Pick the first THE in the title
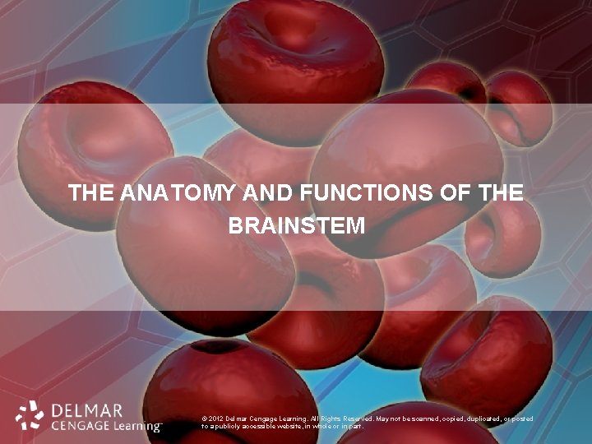tap(92, 194)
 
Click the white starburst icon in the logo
tap(30, 416)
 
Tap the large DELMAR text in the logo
tap(86, 409)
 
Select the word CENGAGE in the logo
tap(78, 426)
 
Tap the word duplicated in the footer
tap(474, 419)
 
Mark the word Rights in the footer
tap(316, 419)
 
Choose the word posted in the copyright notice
tap(520, 419)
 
